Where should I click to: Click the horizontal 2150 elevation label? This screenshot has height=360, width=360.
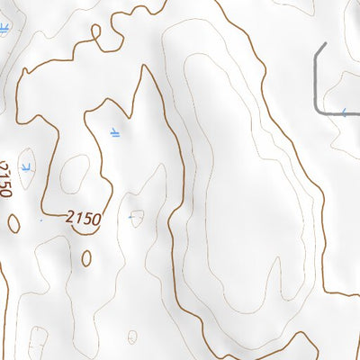[83, 219]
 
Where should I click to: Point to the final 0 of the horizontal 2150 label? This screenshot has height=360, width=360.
[95, 220]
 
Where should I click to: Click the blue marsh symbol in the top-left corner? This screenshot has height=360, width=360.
[4, 30]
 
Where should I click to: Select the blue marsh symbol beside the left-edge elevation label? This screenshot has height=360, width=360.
[27, 167]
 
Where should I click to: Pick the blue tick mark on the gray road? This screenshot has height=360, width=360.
[343, 111]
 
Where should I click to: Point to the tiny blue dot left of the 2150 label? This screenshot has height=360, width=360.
[41, 219]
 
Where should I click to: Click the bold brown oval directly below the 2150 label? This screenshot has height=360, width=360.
[86, 258]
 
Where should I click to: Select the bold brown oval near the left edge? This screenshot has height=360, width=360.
[14, 222]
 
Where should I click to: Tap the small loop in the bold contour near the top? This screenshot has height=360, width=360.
[96, 32]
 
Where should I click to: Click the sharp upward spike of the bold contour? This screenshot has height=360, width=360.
[142, 68]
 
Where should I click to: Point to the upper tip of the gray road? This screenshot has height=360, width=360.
[326, 43]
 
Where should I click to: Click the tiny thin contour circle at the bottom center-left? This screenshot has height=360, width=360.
[132, 337]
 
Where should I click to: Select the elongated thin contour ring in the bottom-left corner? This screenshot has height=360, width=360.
[38, 342]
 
